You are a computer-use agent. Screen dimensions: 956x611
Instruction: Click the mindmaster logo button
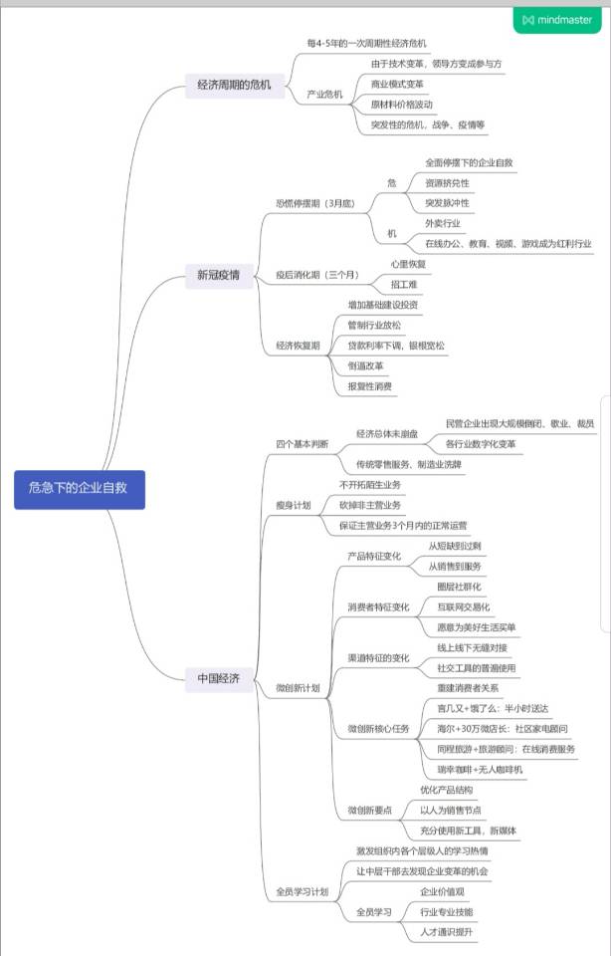[x=556, y=19]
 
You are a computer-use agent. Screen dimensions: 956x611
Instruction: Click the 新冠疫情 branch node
[x=218, y=276]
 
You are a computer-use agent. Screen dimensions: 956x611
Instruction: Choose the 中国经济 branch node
[x=218, y=679]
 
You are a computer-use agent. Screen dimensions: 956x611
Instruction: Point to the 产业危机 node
[x=324, y=95]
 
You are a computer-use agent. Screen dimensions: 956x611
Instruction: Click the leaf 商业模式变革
[x=396, y=84]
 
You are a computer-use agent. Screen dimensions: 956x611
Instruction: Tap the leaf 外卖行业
[x=442, y=223]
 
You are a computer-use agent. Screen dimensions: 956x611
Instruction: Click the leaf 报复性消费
[x=369, y=385]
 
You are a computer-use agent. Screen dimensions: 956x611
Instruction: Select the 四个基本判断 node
[x=302, y=444]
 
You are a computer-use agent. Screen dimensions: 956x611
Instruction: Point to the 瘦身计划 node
[x=293, y=505]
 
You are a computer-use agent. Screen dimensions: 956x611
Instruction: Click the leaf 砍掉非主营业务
[x=370, y=505]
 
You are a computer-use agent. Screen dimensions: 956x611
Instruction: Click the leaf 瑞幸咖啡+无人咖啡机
[x=480, y=769]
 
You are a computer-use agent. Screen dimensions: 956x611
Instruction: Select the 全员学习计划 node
[x=302, y=891]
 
